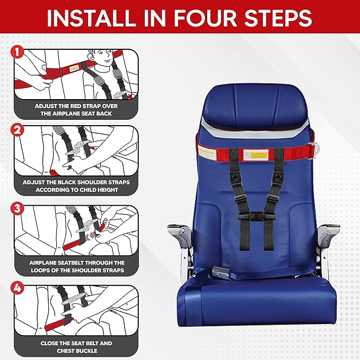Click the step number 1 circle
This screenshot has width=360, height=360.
[x=16, y=51]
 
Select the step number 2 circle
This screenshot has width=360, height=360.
[x=16, y=129]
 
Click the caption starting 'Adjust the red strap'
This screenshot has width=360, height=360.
[x=76, y=110]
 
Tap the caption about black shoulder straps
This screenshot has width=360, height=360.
[x=76, y=186]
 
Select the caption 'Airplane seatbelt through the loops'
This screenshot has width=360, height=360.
[x=76, y=266]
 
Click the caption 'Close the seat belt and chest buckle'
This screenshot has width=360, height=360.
[x=76, y=347]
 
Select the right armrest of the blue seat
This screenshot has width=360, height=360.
[x=329, y=232]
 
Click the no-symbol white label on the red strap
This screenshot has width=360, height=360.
[x=247, y=154]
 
